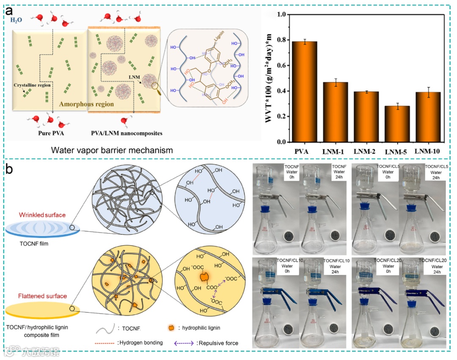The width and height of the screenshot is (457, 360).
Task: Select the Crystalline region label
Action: [31, 85]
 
